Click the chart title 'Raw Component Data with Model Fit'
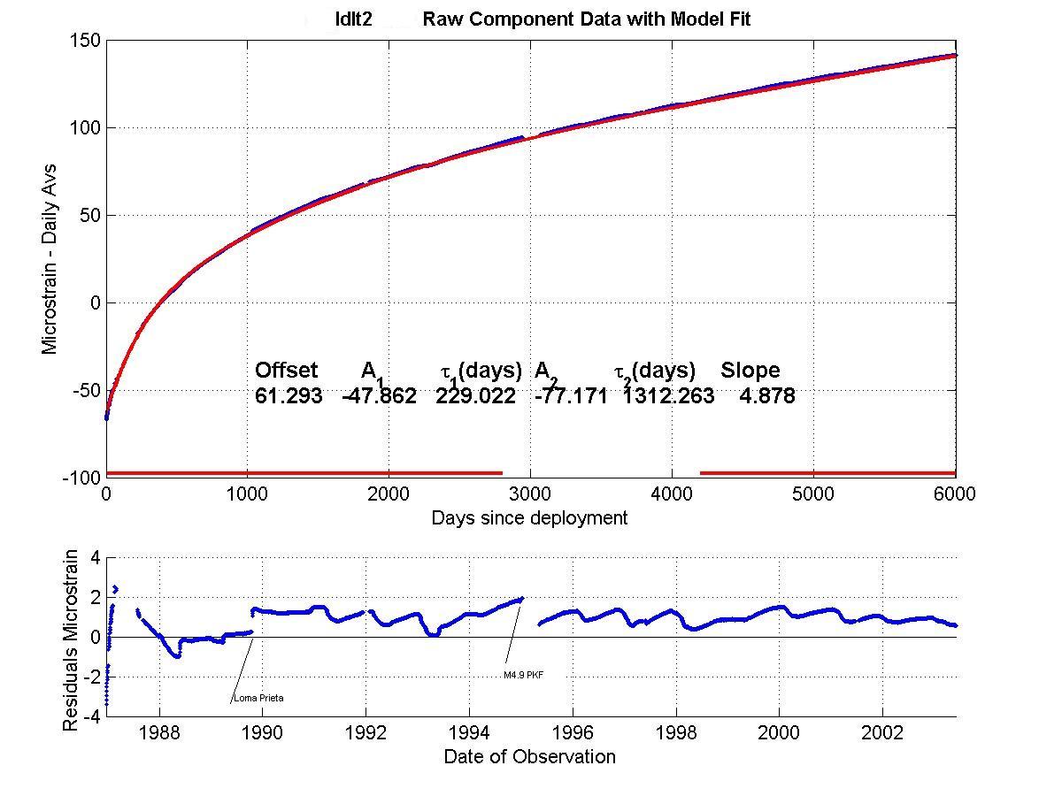586,19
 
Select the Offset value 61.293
289,396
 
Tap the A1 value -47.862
379,396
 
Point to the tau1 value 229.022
475,396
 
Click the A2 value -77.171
571,396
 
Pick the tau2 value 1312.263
667,396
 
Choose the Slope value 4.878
767,396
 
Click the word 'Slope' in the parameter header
750,371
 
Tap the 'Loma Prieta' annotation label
258,699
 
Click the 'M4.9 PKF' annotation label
523,675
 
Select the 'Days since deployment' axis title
529,518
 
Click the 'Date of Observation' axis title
529,756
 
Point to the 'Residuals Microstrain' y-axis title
72,640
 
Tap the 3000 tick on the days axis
530,494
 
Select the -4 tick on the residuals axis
91,717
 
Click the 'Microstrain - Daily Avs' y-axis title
50,258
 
